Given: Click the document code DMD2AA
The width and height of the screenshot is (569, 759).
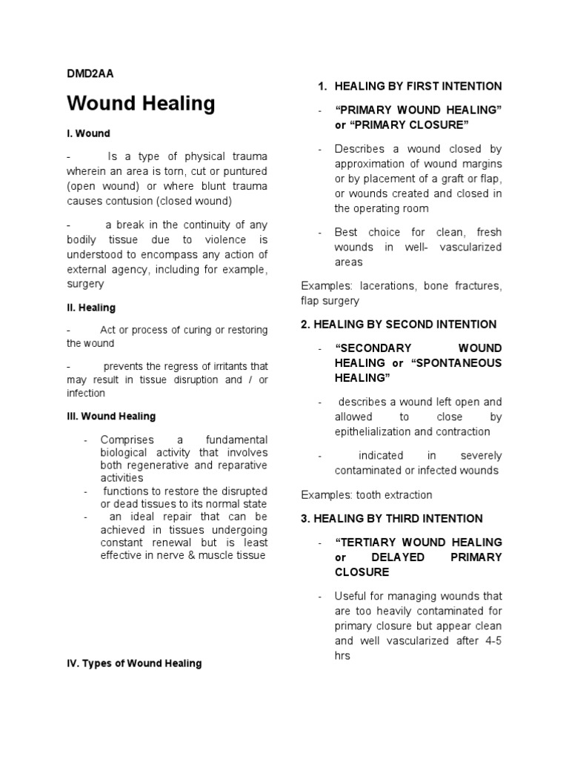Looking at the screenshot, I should pos(90,73).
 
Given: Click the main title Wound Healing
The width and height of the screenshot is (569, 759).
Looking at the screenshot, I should pos(141,103).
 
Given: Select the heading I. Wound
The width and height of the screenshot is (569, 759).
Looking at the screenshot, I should pos(88,133).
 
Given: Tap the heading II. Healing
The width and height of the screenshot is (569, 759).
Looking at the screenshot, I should pos(91,307).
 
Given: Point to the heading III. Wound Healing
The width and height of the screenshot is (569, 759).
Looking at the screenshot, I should pos(111,417).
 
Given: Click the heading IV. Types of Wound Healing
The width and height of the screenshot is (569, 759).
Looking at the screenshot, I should pos(134,663).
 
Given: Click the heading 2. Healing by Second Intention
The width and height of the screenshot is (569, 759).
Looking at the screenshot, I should pos(399,324).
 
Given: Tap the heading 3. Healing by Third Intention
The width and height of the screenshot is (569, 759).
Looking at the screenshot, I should pos(391,518).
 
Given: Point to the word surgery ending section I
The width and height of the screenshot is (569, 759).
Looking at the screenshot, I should pos(85,284).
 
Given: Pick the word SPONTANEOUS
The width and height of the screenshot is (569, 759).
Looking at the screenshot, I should pos(457,362).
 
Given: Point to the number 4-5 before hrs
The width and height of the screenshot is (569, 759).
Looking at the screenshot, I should pos(490,640).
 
